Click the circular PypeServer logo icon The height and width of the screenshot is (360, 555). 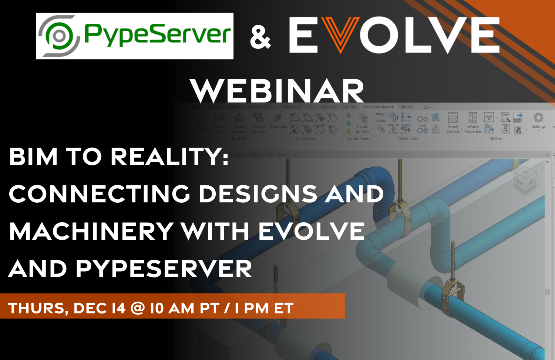(59, 36)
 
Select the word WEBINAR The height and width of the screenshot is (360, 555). (277, 91)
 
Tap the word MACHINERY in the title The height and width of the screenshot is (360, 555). (91, 231)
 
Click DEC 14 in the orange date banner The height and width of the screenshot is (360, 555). (100, 308)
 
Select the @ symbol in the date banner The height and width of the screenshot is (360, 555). (138, 308)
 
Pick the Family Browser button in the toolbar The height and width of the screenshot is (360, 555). (453, 122)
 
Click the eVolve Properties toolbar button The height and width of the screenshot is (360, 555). (473, 122)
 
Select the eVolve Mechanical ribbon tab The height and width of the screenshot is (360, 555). (378, 107)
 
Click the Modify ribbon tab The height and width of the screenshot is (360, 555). (406, 107)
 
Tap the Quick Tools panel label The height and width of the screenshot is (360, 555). (407, 138)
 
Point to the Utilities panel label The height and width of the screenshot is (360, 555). (495, 138)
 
